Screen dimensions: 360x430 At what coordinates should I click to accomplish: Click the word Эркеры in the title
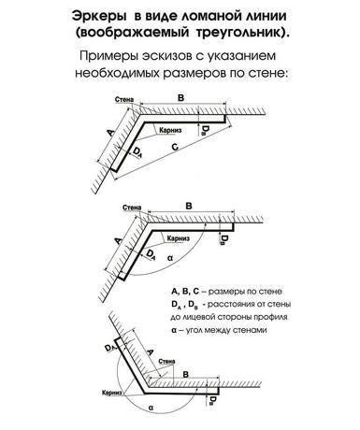[x=99, y=16]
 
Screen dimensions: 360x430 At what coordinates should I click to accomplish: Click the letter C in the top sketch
[x=175, y=147]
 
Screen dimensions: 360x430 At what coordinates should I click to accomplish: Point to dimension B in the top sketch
[x=180, y=98]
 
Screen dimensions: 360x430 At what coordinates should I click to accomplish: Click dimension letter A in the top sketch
[x=110, y=133]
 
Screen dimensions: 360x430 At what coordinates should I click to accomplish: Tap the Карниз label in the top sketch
[x=170, y=130]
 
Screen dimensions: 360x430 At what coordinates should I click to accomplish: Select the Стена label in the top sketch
[x=124, y=100]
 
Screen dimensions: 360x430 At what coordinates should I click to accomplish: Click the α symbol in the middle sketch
[x=170, y=258]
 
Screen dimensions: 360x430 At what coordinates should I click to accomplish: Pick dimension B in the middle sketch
[x=189, y=206]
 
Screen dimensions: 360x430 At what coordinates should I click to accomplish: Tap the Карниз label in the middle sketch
[x=179, y=238]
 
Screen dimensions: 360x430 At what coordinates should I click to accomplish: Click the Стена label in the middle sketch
[x=132, y=208]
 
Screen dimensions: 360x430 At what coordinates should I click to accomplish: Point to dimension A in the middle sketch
[x=118, y=241]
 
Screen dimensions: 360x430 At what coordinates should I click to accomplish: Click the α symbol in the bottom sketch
[x=151, y=408]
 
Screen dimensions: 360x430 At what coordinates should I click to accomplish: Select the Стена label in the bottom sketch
[x=166, y=362]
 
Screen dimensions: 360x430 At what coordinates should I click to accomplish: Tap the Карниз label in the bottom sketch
[x=111, y=393]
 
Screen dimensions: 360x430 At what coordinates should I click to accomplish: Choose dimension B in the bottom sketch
[x=186, y=374]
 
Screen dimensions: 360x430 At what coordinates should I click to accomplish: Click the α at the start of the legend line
[x=174, y=330]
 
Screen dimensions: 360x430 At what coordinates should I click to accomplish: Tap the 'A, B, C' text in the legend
[x=185, y=292]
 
